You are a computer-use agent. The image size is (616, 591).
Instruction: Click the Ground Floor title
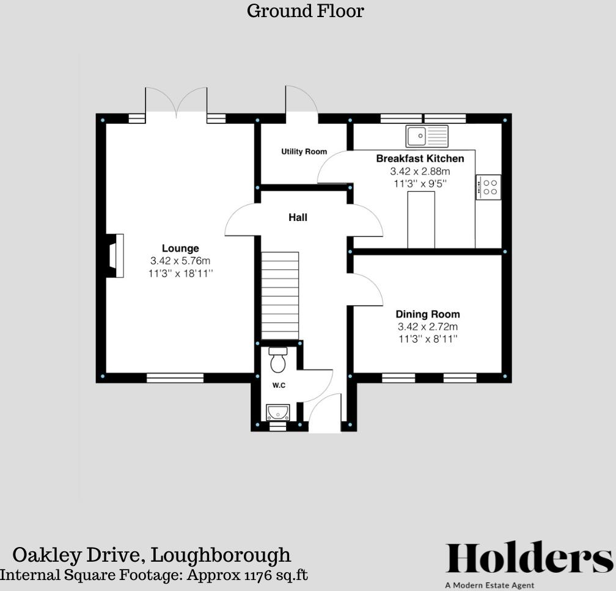(x=305, y=11)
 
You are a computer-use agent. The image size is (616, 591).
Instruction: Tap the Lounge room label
(x=180, y=248)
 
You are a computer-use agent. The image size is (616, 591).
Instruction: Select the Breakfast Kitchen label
(x=420, y=159)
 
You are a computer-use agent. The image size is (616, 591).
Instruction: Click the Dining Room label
(x=428, y=315)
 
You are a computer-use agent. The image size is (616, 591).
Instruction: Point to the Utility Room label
(x=304, y=151)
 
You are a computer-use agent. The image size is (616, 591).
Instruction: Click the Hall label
(x=298, y=217)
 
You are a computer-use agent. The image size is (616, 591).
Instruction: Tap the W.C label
(x=279, y=386)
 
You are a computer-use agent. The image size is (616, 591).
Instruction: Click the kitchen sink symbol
(x=427, y=136)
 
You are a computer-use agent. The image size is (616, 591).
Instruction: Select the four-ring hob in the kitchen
(x=489, y=187)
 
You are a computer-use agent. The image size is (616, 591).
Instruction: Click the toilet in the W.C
(x=278, y=360)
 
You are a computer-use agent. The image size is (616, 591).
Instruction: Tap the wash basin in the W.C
(x=277, y=412)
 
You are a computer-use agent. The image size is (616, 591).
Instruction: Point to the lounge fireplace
(x=116, y=256)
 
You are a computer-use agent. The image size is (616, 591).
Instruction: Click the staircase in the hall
(x=280, y=295)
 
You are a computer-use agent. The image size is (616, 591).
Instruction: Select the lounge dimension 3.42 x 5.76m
(x=180, y=261)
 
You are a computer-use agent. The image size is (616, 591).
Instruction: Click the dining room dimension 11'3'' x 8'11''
(x=428, y=338)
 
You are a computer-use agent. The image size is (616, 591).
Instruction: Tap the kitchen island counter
(x=421, y=220)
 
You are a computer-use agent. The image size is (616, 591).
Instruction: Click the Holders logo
(x=529, y=558)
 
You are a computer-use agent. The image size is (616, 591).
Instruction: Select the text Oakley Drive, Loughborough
(x=152, y=555)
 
